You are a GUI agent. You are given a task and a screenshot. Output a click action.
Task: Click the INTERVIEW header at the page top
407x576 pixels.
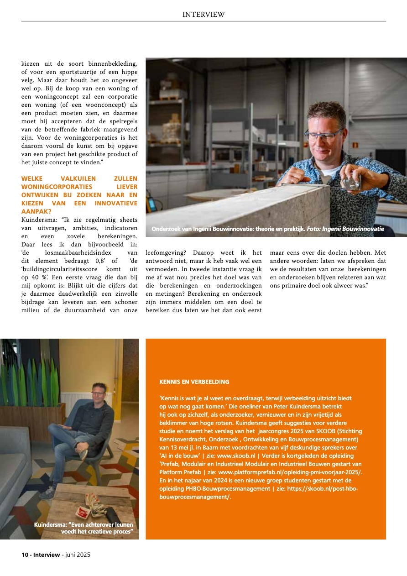tap(203, 15)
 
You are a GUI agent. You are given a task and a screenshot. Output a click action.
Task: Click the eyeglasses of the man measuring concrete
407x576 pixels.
tap(324, 135)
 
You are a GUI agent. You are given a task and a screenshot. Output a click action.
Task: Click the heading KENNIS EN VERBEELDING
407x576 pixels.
tap(194, 382)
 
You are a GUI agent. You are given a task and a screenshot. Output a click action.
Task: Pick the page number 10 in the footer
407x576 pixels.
tap(25, 555)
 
